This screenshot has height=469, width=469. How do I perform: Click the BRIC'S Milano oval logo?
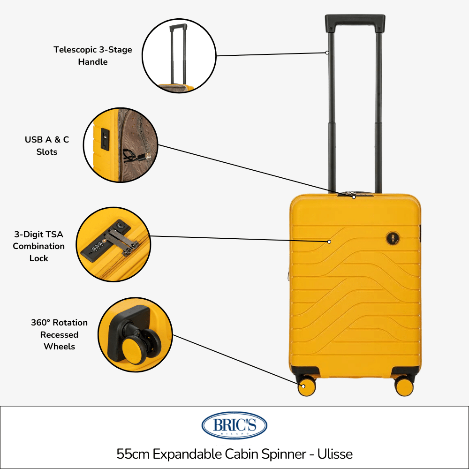click(234, 425)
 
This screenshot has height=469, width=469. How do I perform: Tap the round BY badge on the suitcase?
click(393, 238)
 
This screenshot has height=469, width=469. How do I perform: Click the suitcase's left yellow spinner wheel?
click(307, 386)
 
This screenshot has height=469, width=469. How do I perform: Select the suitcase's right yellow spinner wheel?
click(404, 386)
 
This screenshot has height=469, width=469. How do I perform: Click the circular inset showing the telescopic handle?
click(179, 56)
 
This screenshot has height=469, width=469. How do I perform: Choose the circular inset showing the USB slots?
click(121, 145)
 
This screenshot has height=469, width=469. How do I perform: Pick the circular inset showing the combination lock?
click(113, 244)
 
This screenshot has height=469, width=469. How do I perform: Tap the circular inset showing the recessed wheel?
click(135, 335)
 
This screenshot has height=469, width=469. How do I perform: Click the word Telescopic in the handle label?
click(76, 50)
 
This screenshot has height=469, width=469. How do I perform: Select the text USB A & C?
click(47, 139)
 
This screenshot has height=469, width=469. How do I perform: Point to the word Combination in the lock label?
click(38, 246)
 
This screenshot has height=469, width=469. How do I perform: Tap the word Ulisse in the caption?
click(335, 454)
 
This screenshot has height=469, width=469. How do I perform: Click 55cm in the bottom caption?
click(133, 454)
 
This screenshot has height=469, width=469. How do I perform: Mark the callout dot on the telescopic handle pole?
click(327, 53)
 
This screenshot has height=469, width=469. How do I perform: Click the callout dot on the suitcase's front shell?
click(329, 242)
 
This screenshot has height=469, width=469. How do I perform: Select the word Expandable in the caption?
click(187, 454)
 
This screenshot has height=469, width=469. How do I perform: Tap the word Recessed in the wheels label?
click(59, 335)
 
